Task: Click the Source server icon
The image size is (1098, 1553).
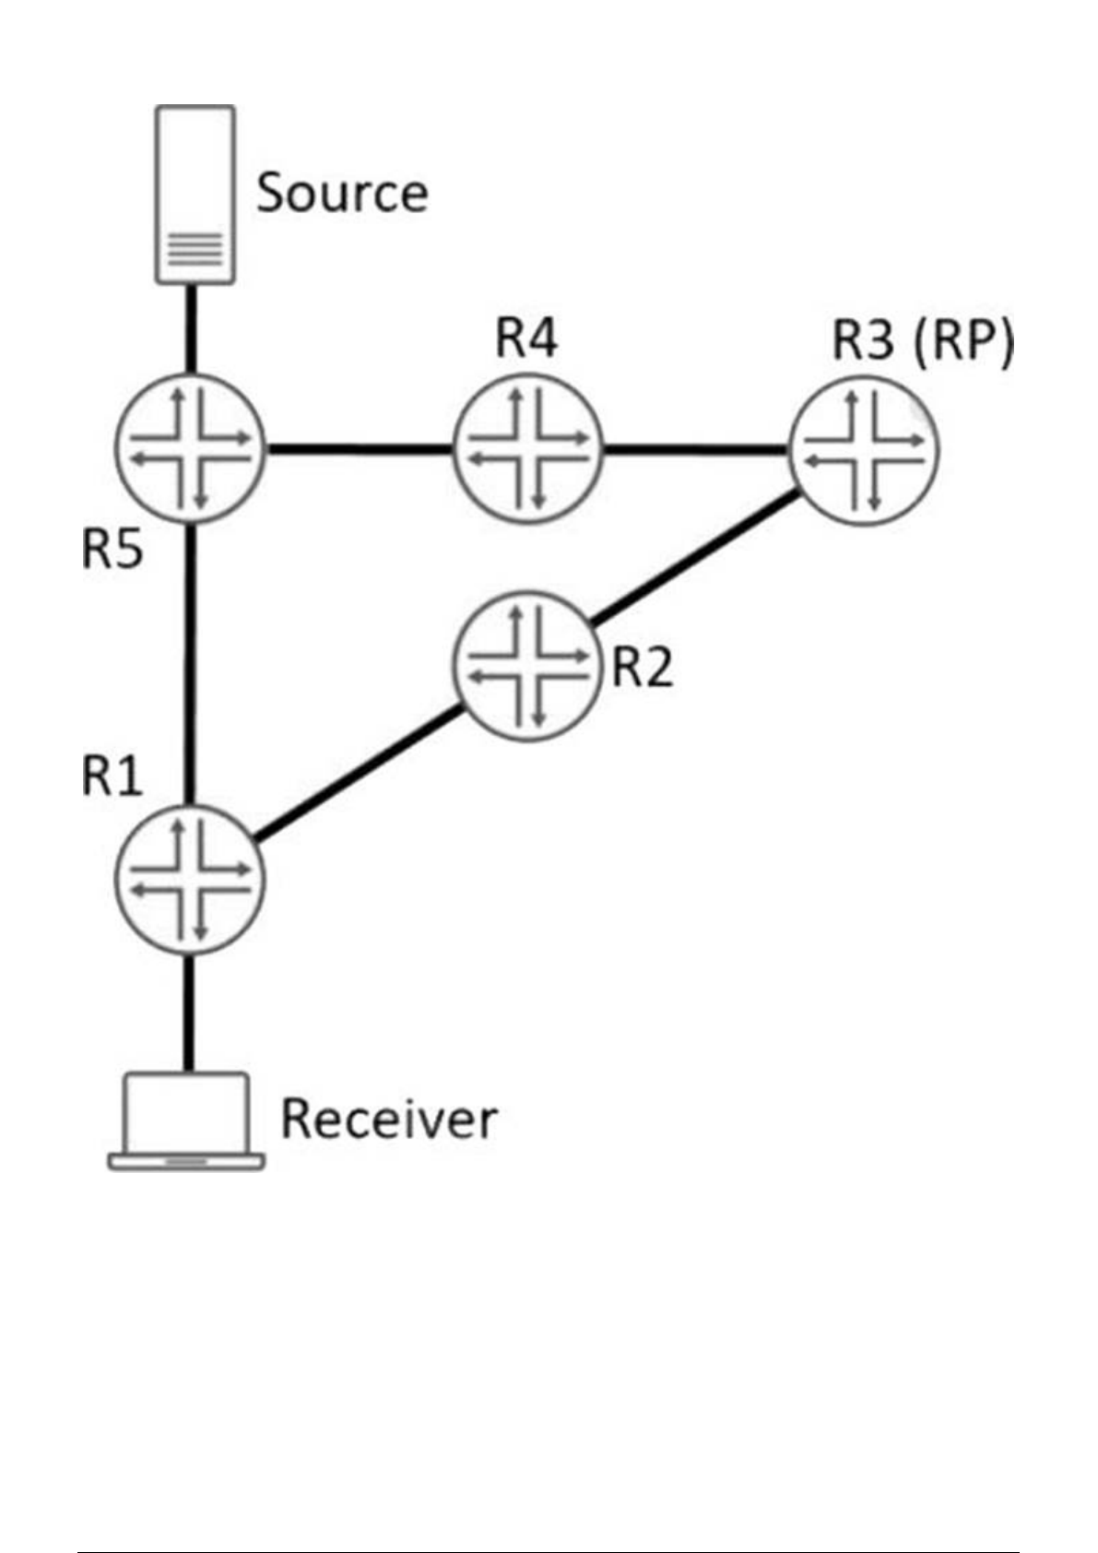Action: coord(195,194)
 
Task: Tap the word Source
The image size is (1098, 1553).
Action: coord(342,194)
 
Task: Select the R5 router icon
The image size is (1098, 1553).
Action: coord(191,449)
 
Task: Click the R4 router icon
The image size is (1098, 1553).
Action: coord(527,449)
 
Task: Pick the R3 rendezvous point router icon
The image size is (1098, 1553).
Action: coord(864,449)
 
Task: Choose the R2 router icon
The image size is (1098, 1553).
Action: coord(527,667)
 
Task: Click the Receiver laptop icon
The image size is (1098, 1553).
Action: coord(187,1120)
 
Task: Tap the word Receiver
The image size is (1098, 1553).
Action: coord(388,1119)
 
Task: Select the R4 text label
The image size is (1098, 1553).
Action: coord(526,338)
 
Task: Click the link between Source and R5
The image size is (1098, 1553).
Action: coord(192,329)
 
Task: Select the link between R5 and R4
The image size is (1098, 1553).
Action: coord(360,450)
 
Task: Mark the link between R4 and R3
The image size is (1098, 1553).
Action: coord(696,450)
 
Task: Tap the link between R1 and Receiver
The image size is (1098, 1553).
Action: coord(190,1013)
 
